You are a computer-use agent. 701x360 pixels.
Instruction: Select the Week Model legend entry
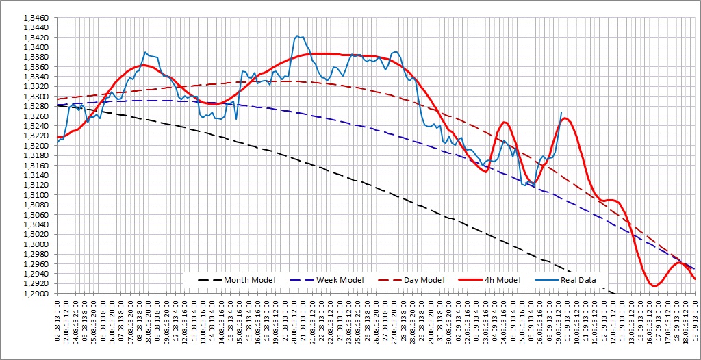pyautogui.click(x=340, y=279)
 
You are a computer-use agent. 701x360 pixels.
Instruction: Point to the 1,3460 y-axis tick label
pyautogui.click(x=36, y=18)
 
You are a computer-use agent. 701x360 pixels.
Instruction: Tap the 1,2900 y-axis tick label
pyautogui.click(x=36, y=294)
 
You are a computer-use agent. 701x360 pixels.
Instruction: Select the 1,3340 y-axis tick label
pyautogui.click(x=36, y=77)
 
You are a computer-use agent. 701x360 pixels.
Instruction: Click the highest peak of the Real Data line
pyautogui.click(x=297, y=36)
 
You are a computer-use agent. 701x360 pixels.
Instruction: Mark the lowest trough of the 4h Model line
pyautogui.click(x=655, y=286)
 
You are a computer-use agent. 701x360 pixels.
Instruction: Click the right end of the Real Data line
pyautogui.click(x=562, y=112)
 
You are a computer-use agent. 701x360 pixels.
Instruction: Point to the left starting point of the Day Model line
pyautogui.click(x=58, y=99)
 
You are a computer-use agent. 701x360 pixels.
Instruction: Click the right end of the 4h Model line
pyautogui.click(x=695, y=279)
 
